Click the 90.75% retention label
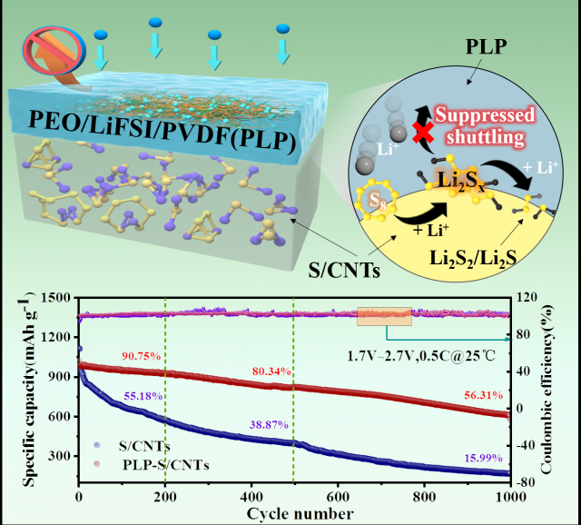(x=138, y=356)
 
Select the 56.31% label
(x=472, y=394)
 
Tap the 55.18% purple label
(x=143, y=397)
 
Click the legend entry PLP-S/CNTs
(x=152, y=466)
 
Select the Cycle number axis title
(x=296, y=514)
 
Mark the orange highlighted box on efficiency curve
(x=384, y=316)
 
